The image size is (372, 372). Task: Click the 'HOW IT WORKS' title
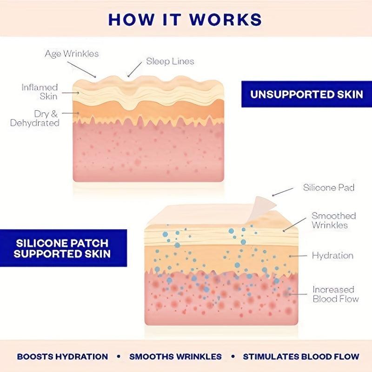coord(185,19)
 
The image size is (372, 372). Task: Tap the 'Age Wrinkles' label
coord(72,53)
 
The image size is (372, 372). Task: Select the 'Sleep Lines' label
coord(170,61)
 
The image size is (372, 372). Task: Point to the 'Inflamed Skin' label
coord(40,92)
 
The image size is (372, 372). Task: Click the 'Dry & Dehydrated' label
coord(34,118)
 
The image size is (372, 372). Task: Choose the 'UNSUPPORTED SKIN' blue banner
coord(306,94)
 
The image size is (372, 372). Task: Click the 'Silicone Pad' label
coord(329,188)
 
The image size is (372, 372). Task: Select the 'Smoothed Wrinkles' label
coord(333,220)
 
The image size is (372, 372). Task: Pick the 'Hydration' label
coord(332,255)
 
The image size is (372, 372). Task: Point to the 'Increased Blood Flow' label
coord(335,294)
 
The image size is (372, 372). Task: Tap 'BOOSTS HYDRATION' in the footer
coord(62,357)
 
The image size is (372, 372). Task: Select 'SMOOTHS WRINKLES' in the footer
coord(176,357)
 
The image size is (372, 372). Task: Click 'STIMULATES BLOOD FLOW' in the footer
coord(301,357)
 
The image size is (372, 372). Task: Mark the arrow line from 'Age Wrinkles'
coord(82,69)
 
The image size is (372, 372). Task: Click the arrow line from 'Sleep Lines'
coord(134,70)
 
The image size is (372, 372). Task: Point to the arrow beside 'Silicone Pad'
coord(283,192)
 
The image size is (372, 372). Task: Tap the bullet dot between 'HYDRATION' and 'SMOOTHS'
coord(119,356)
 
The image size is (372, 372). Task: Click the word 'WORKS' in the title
coord(226,19)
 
